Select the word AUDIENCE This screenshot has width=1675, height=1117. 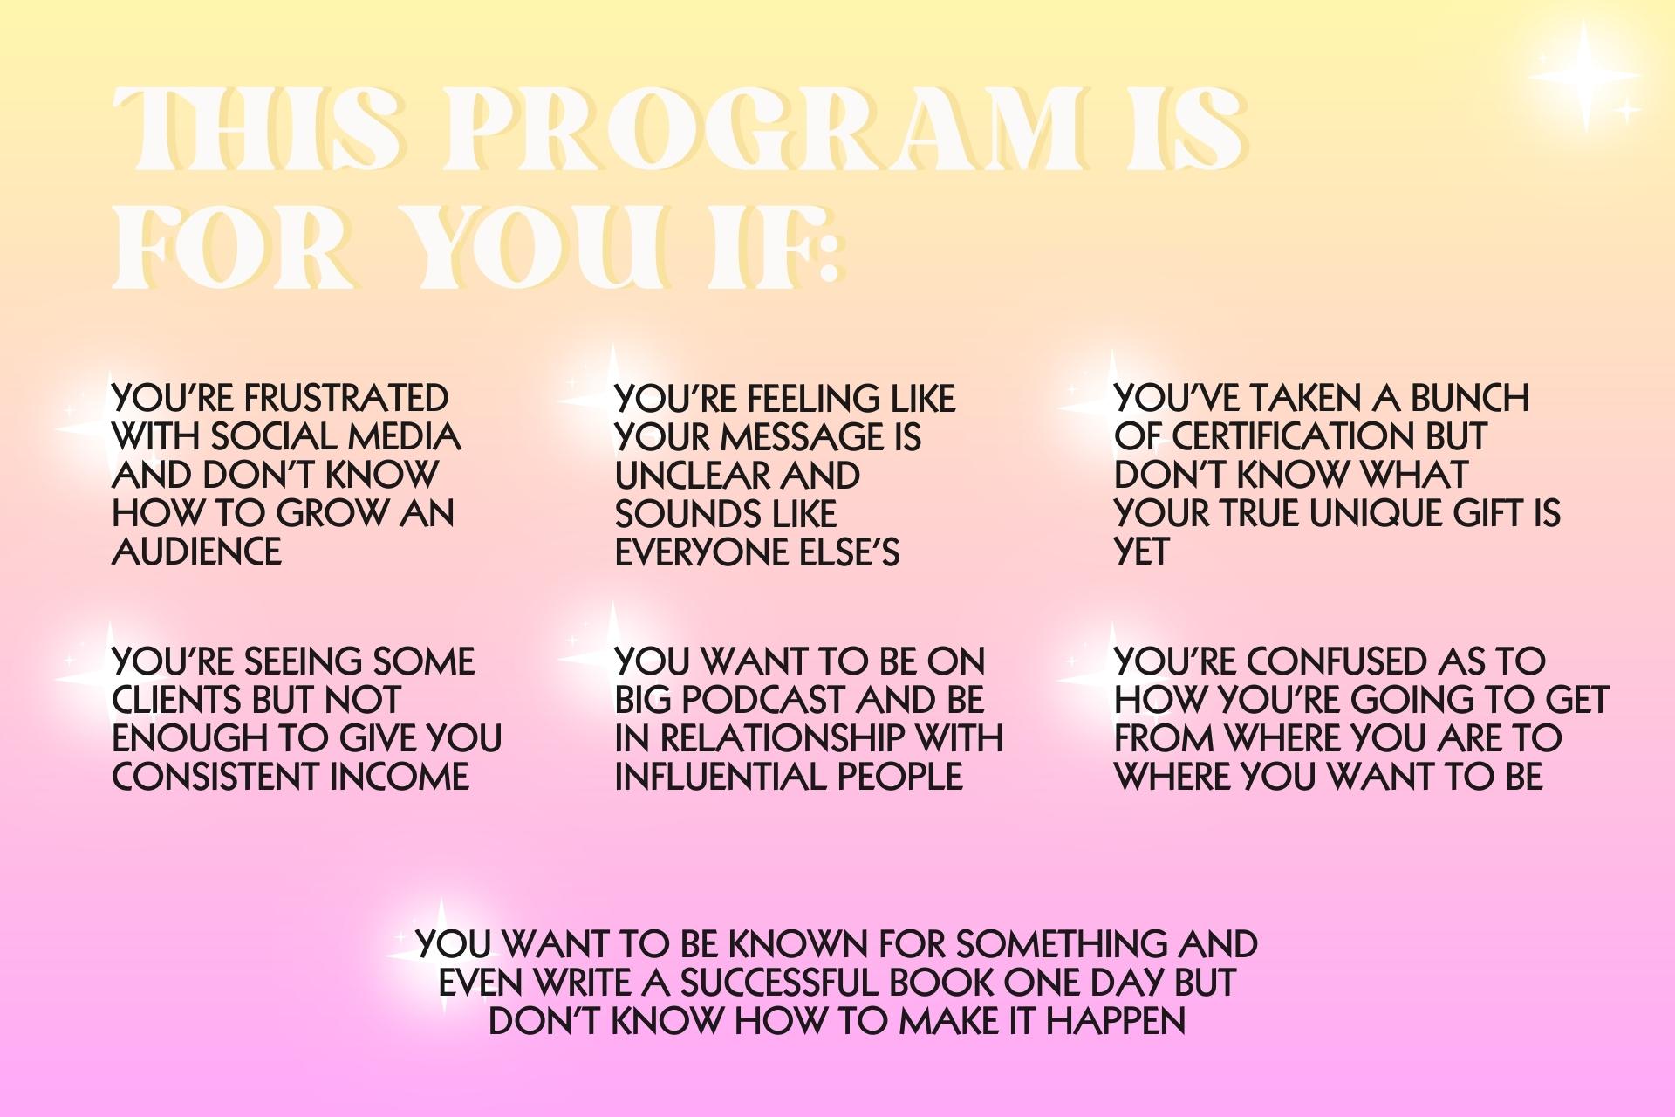(x=197, y=552)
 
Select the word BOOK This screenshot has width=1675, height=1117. (x=941, y=983)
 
